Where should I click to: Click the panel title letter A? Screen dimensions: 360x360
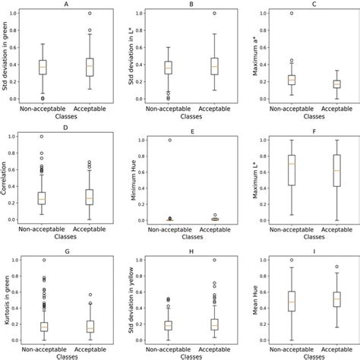[63, 5]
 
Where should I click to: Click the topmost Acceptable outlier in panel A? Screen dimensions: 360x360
[90, 14]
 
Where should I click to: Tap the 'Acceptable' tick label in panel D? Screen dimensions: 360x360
[90, 229]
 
